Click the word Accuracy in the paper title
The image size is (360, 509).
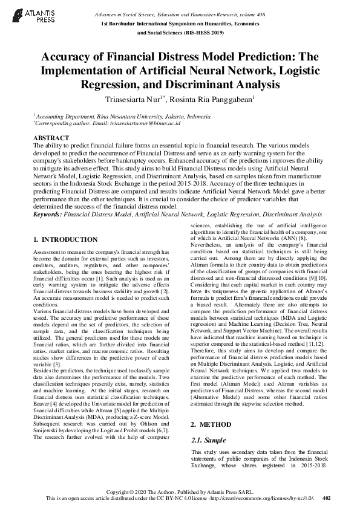[x=67, y=58]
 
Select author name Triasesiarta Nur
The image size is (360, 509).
[x=133, y=98]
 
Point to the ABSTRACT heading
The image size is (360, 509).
[x=50, y=138]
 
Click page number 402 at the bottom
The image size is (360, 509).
[x=327, y=499]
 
